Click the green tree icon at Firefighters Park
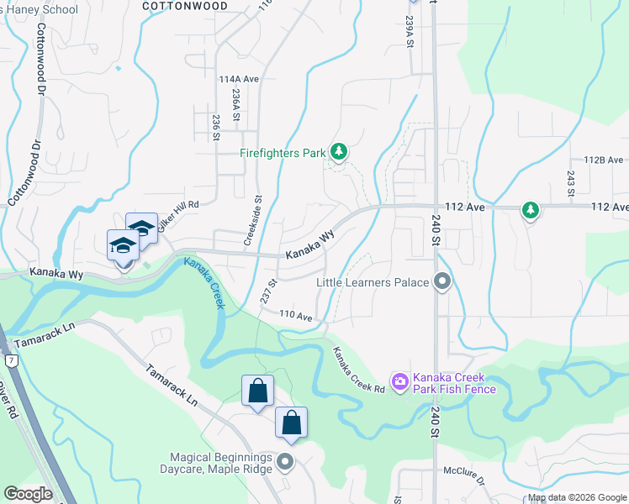click(338, 152)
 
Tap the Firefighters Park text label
click(283, 154)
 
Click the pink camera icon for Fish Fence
click(400, 382)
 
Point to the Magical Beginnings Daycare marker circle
click(286, 461)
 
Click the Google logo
click(28, 494)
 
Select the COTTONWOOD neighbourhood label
click(185, 5)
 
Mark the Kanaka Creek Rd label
click(358, 370)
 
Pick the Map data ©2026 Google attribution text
click(577, 497)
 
